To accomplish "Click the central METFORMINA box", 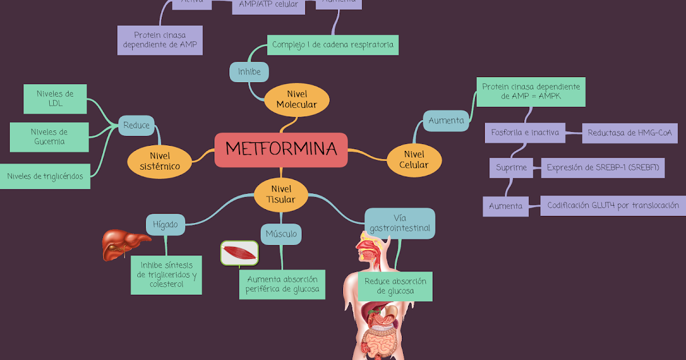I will [x=281, y=150].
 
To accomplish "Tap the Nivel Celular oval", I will [x=415, y=159].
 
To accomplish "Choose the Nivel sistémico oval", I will [x=159, y=161].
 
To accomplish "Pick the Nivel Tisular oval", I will [x=281, y=194].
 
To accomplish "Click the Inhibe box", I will [x=249, y=72].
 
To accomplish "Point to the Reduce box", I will [x=137, y=125].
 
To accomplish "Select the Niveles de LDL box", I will [x=55, y=99].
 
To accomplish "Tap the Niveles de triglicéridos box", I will [x=45, y=176].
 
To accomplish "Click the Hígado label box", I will [x=165, y=225].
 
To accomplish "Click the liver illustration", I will [x=122, y=244].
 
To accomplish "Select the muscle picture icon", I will [x=240, y=253].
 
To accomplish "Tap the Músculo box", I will [x=281, y=234].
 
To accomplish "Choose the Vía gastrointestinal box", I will [x=400, y=223].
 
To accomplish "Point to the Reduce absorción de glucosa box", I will [x=395, y=286].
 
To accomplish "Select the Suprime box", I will [x=511, y=168].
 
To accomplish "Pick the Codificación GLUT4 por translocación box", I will [x=613, y=205].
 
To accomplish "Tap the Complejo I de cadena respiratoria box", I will [x=333, y=45].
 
